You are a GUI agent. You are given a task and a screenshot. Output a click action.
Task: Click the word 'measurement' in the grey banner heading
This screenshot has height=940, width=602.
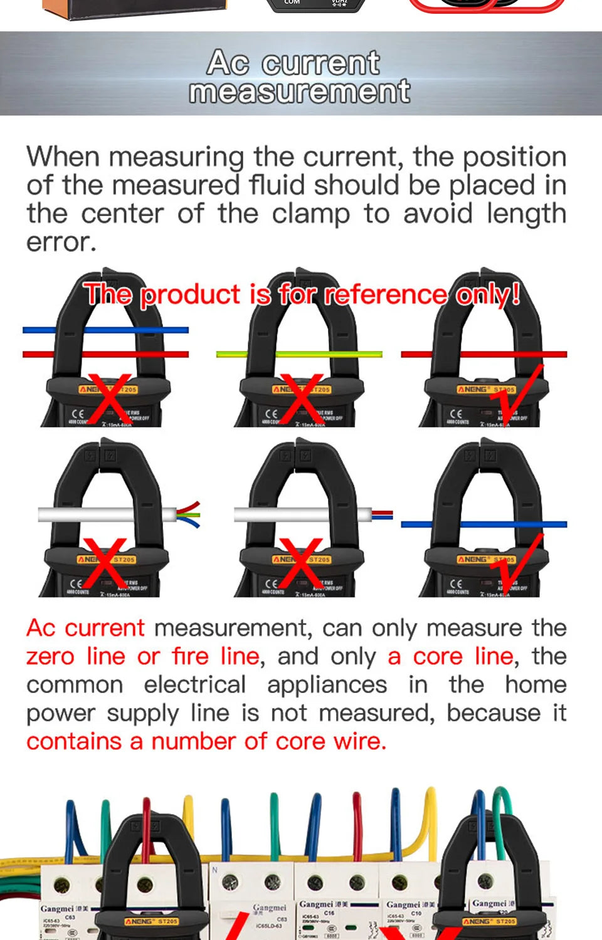pos(300,91)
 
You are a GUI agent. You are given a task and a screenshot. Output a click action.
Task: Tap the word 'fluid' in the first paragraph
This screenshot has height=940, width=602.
pos(276,185)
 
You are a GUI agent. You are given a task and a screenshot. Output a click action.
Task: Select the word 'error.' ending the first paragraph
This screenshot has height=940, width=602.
pos(61,242)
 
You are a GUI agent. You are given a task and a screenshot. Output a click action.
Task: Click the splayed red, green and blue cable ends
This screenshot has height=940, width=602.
pos(188,514)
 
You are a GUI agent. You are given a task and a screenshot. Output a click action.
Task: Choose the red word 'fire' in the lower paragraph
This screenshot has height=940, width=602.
pos(191,656)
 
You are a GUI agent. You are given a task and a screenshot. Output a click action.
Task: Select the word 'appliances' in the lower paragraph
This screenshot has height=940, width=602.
pos(327,684)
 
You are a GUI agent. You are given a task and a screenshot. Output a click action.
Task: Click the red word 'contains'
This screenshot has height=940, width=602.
pos(74,741)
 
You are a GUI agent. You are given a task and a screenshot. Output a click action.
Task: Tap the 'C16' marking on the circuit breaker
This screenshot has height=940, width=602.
pos(329,913)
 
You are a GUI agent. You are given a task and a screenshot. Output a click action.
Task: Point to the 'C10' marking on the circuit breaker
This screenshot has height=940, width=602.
pos(415,913)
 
